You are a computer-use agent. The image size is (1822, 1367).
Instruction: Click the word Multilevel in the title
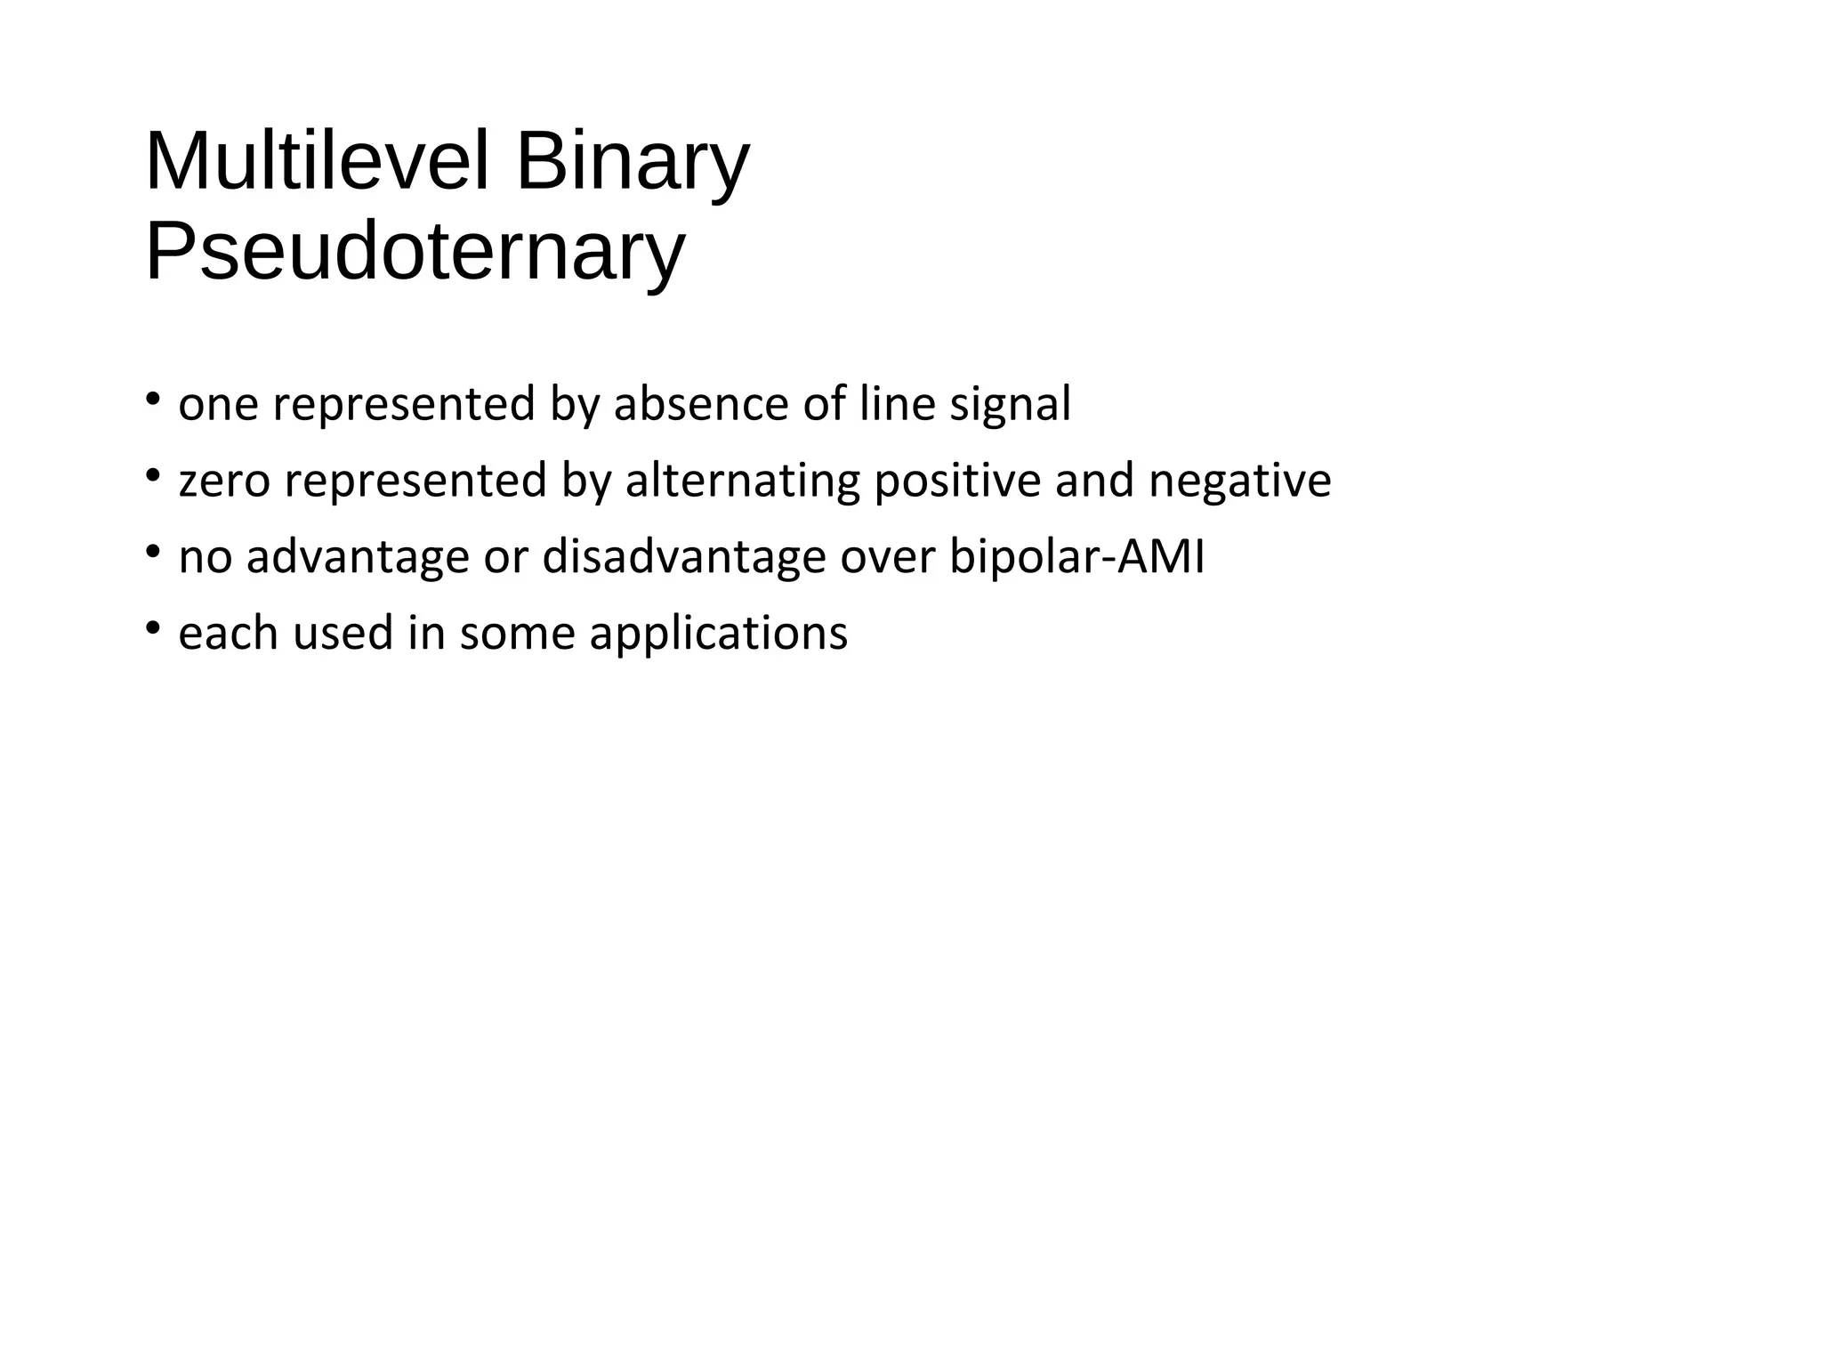[317, 162]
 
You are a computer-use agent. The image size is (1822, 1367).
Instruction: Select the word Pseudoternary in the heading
[415, 252]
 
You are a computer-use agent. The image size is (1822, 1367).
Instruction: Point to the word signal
[1010, 406]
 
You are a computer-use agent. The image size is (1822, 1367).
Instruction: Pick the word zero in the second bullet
[224, 481]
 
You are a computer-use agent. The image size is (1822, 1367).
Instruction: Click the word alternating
[743, 481]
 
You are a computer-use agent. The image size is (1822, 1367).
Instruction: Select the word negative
[1239, 481]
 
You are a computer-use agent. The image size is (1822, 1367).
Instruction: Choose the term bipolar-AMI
[1077, 558]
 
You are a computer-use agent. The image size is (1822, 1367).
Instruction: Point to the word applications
[718, 635]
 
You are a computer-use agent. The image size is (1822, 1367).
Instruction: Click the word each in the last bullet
[229, 634]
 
